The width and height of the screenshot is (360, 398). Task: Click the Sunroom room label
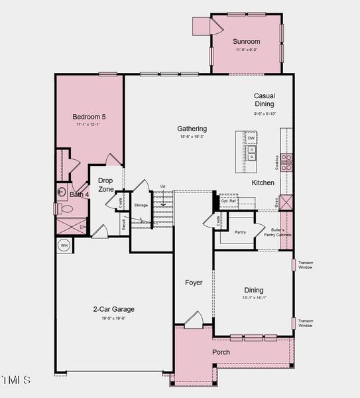(x=245, y=41)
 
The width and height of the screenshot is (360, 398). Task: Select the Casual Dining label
(x=264, y=100)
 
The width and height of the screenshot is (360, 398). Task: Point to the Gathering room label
(x=192, y=129)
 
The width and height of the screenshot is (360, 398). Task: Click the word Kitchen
(x=263, y=182)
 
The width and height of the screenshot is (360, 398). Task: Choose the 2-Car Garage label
(x=114, y=309)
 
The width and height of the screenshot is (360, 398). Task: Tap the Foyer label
(x=194, y=283)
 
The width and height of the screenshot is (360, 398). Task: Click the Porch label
(x=221, y=352)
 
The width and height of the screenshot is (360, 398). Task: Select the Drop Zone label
(x=106, y=185)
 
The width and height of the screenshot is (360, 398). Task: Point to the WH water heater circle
(x=64, y=245)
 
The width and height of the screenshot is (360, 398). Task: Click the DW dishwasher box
(x=251, y=138)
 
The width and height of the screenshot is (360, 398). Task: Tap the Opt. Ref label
(x=229, y=200)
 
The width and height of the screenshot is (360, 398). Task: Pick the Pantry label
(x=241, y=232)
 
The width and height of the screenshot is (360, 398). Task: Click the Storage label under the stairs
(x=141, y=206)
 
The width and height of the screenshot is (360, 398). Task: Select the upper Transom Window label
(x=306, y=265)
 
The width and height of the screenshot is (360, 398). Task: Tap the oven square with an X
(x=286, y=203)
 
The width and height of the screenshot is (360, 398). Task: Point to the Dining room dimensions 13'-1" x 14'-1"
(x=254, y=298)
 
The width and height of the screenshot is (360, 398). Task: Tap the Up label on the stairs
(x=162, y=186)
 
